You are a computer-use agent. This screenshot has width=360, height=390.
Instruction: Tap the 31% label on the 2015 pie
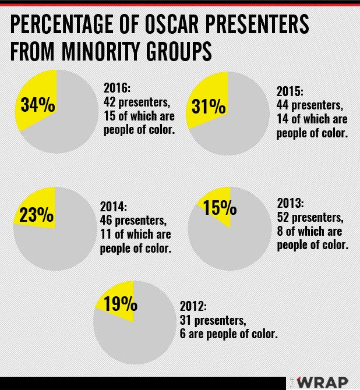(209, 107)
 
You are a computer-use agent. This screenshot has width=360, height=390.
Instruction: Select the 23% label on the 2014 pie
(36, 215)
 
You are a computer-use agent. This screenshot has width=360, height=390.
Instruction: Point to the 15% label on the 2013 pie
(220, 207)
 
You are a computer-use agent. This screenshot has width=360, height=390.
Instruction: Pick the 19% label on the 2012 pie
(121, 304)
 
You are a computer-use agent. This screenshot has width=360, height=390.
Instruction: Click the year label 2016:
(118, 88)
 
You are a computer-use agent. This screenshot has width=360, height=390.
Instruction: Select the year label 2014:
(114, 207)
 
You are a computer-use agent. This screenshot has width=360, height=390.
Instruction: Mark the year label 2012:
(194, 306)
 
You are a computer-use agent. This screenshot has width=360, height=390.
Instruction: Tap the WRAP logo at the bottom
(323, 381)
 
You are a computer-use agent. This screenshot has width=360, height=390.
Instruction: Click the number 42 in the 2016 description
(110, 102)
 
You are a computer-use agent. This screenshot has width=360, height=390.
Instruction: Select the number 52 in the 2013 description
(284, 217)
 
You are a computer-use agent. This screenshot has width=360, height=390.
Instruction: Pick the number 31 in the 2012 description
(186, 320)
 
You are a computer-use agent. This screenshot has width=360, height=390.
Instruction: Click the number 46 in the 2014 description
(107, 221)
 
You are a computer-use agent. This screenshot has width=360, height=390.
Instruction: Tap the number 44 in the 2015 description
(284, 105)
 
